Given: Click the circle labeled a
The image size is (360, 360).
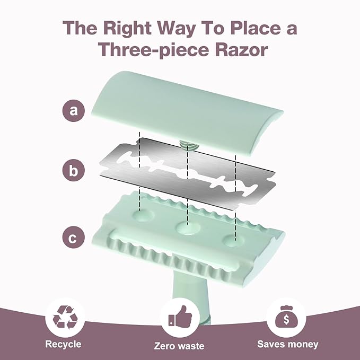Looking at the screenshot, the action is pyautogui.click(x=74, y=111).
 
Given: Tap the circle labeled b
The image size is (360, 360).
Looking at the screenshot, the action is pyautogui.click(x=74, y=171).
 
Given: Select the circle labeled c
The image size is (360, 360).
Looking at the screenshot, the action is pyautogui.click(x=74, y=238).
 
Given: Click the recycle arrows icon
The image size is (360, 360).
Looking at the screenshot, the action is pyautogui.click(x=65, y=318).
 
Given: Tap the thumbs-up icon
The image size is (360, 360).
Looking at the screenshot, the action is pyautogui.click(x=180, y=317).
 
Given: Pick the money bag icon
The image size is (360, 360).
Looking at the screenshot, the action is pyautogui.click(x=286, y=317).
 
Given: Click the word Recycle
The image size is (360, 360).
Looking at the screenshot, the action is pyautogui.click(x=63, y=344).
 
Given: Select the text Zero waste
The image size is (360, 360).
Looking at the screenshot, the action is pyautogui.click(x=179, y=346).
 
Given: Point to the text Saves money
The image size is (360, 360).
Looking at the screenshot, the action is pyautogui.click(x=288, y=344).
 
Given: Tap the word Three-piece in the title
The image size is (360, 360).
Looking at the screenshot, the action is pyautogui.click(x=154, y=50).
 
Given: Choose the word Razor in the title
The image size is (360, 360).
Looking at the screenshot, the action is pyautogui.click(x=241, y=50).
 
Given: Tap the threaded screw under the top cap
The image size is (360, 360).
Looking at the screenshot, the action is pyautogui.click(x=188, y=146).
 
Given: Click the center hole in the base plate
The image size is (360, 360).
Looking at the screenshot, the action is pyautogui.click(x=188, y=228).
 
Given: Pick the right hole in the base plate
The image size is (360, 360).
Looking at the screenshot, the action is pyautogui.click(x=234, y=241).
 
